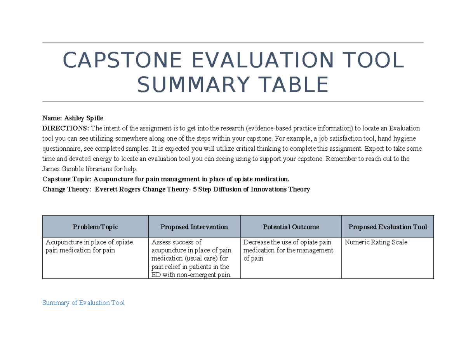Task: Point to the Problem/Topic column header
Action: pos(95,227)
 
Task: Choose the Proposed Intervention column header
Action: pos(194,227)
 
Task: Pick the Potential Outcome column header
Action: pos(291,227)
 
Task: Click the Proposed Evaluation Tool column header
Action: pos(388,227)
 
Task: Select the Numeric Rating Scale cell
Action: pos(376,242)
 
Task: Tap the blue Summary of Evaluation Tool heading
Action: pos(83,303)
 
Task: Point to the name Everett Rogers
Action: pos(116,190)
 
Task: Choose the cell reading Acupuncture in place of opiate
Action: pos(89,246)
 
